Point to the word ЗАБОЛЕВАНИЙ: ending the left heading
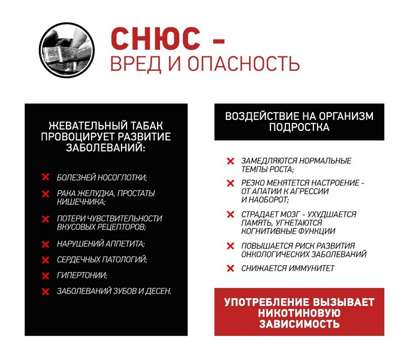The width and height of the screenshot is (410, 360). pos(105,148)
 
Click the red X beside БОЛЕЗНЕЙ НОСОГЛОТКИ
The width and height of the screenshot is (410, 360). pos(45,178)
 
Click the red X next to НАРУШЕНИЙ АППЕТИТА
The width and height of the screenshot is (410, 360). pos(45,244)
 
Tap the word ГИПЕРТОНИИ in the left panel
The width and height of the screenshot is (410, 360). pos(82,275)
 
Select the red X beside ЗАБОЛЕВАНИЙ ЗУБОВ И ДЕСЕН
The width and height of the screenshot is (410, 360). pos(45,292)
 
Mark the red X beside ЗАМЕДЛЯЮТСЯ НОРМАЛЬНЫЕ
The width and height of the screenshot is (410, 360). pos(230,161)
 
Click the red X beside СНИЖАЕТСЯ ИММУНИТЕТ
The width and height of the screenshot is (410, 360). pos(230,268)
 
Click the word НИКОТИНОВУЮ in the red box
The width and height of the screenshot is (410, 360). pos(299,313)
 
